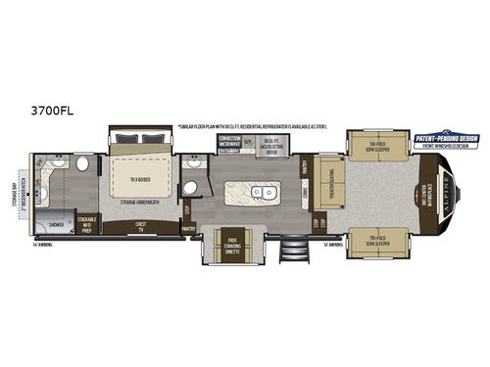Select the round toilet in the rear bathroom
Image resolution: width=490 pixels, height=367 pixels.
click(83, 162)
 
